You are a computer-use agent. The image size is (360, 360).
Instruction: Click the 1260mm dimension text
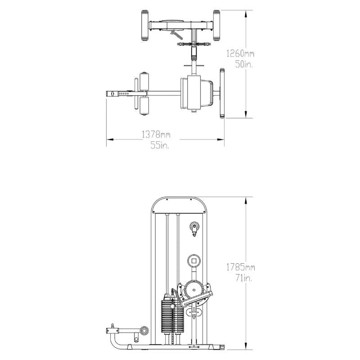[240, 54]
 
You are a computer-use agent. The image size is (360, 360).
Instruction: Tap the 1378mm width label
[156, 134]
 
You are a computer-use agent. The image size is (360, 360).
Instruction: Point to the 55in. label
[160, 145]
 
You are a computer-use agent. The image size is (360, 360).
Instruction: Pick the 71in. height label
[243, 279]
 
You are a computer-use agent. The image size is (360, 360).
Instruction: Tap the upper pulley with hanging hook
[194, 228]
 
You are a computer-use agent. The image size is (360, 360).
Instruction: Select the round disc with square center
[194, 260]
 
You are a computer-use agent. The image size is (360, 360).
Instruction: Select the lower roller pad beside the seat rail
[144, 106]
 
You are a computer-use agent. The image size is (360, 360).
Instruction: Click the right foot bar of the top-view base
[216, 25]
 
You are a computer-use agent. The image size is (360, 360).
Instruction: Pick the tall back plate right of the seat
[222, 93]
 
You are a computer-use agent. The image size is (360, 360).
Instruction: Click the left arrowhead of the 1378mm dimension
[108, 139]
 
